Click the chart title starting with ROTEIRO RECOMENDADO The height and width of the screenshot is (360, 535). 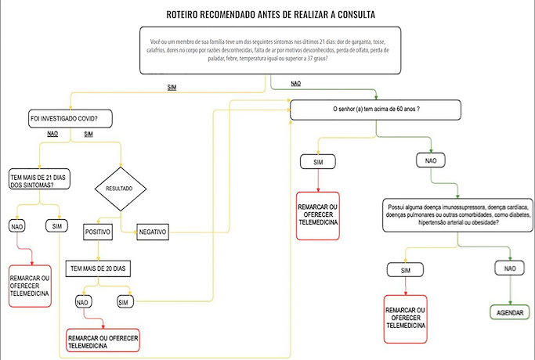(271, 15)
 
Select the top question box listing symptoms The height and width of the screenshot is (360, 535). (269, 52)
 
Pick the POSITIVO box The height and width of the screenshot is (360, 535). (98, 232)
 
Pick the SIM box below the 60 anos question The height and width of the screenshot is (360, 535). (318, 161)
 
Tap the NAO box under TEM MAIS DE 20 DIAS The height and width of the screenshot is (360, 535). (83, 302)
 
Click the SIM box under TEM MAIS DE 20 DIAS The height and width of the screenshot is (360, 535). (124, 302)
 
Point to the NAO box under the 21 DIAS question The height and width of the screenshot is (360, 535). (18, 226)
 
